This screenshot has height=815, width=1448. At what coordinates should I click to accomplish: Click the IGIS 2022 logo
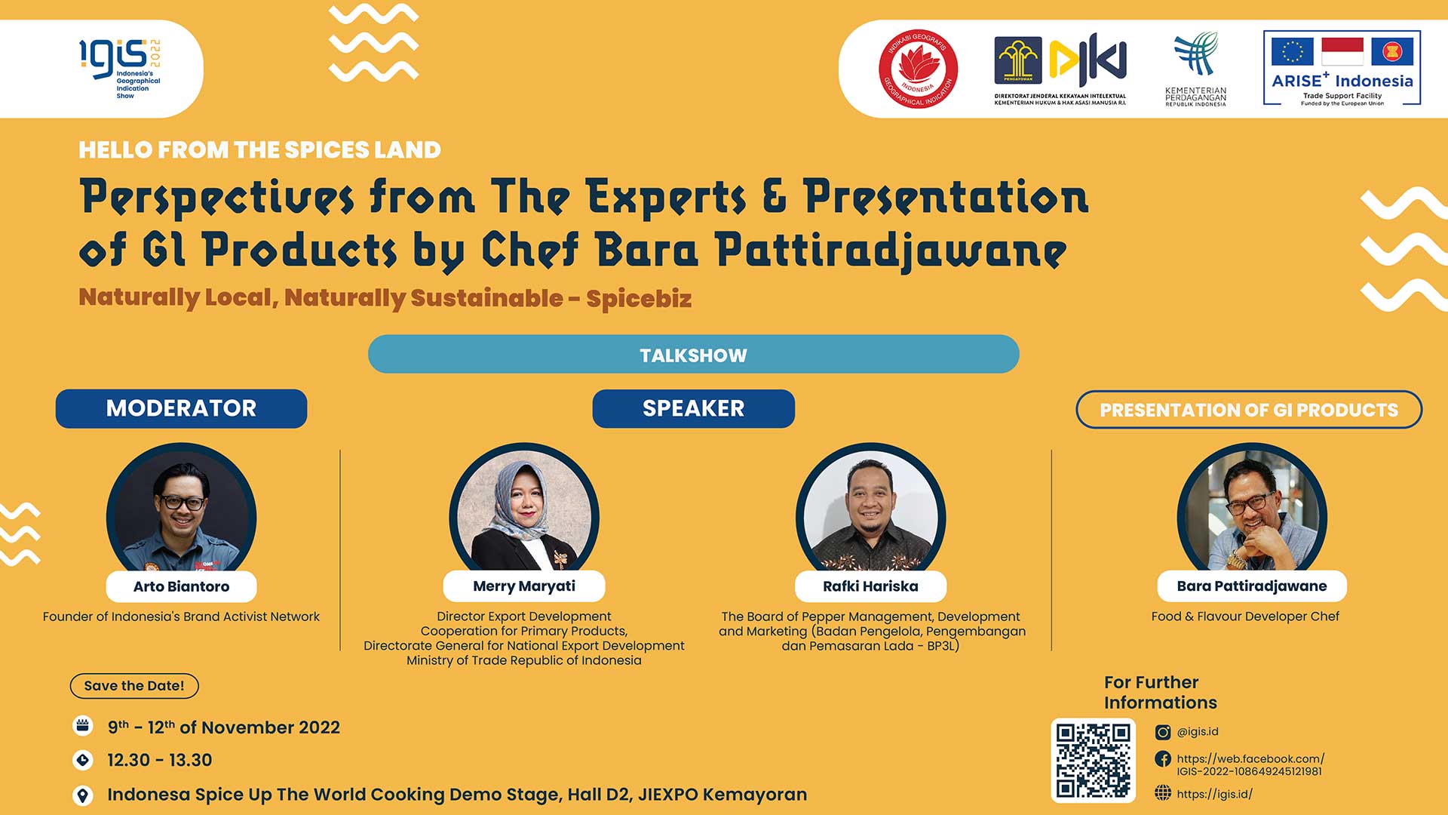[121, 69]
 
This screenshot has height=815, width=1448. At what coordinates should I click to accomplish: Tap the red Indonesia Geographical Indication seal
[918, 69]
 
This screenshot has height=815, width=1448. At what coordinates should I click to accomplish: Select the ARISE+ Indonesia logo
[1342, 68]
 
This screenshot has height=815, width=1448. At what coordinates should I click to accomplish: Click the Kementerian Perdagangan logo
[1196, 69]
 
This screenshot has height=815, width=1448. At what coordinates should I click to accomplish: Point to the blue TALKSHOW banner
[693, 354]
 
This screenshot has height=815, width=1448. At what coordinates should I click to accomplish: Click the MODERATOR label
[181, 408]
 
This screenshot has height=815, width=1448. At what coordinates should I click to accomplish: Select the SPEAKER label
[693, 408]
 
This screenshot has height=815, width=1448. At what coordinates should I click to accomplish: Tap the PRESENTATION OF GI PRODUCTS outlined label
[1249, 410]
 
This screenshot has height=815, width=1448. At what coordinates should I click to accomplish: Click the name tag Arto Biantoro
[181, 586]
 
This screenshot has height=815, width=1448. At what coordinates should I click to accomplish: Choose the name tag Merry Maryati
[524, 586]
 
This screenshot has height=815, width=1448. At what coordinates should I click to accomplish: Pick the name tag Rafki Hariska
[870, 586]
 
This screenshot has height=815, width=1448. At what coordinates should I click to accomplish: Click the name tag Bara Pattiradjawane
[1252, 586]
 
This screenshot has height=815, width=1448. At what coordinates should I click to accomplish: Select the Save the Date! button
[134, 686]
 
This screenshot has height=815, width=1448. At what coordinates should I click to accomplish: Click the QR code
[1094, 761]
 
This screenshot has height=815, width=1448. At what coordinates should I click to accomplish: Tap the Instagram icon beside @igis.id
[1163, 732]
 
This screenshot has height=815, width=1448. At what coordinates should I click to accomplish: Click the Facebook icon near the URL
[1163, 759]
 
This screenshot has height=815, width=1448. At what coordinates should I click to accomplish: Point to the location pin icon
[83, 795]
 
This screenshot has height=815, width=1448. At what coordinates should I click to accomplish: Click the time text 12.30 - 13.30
[160, 760]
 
